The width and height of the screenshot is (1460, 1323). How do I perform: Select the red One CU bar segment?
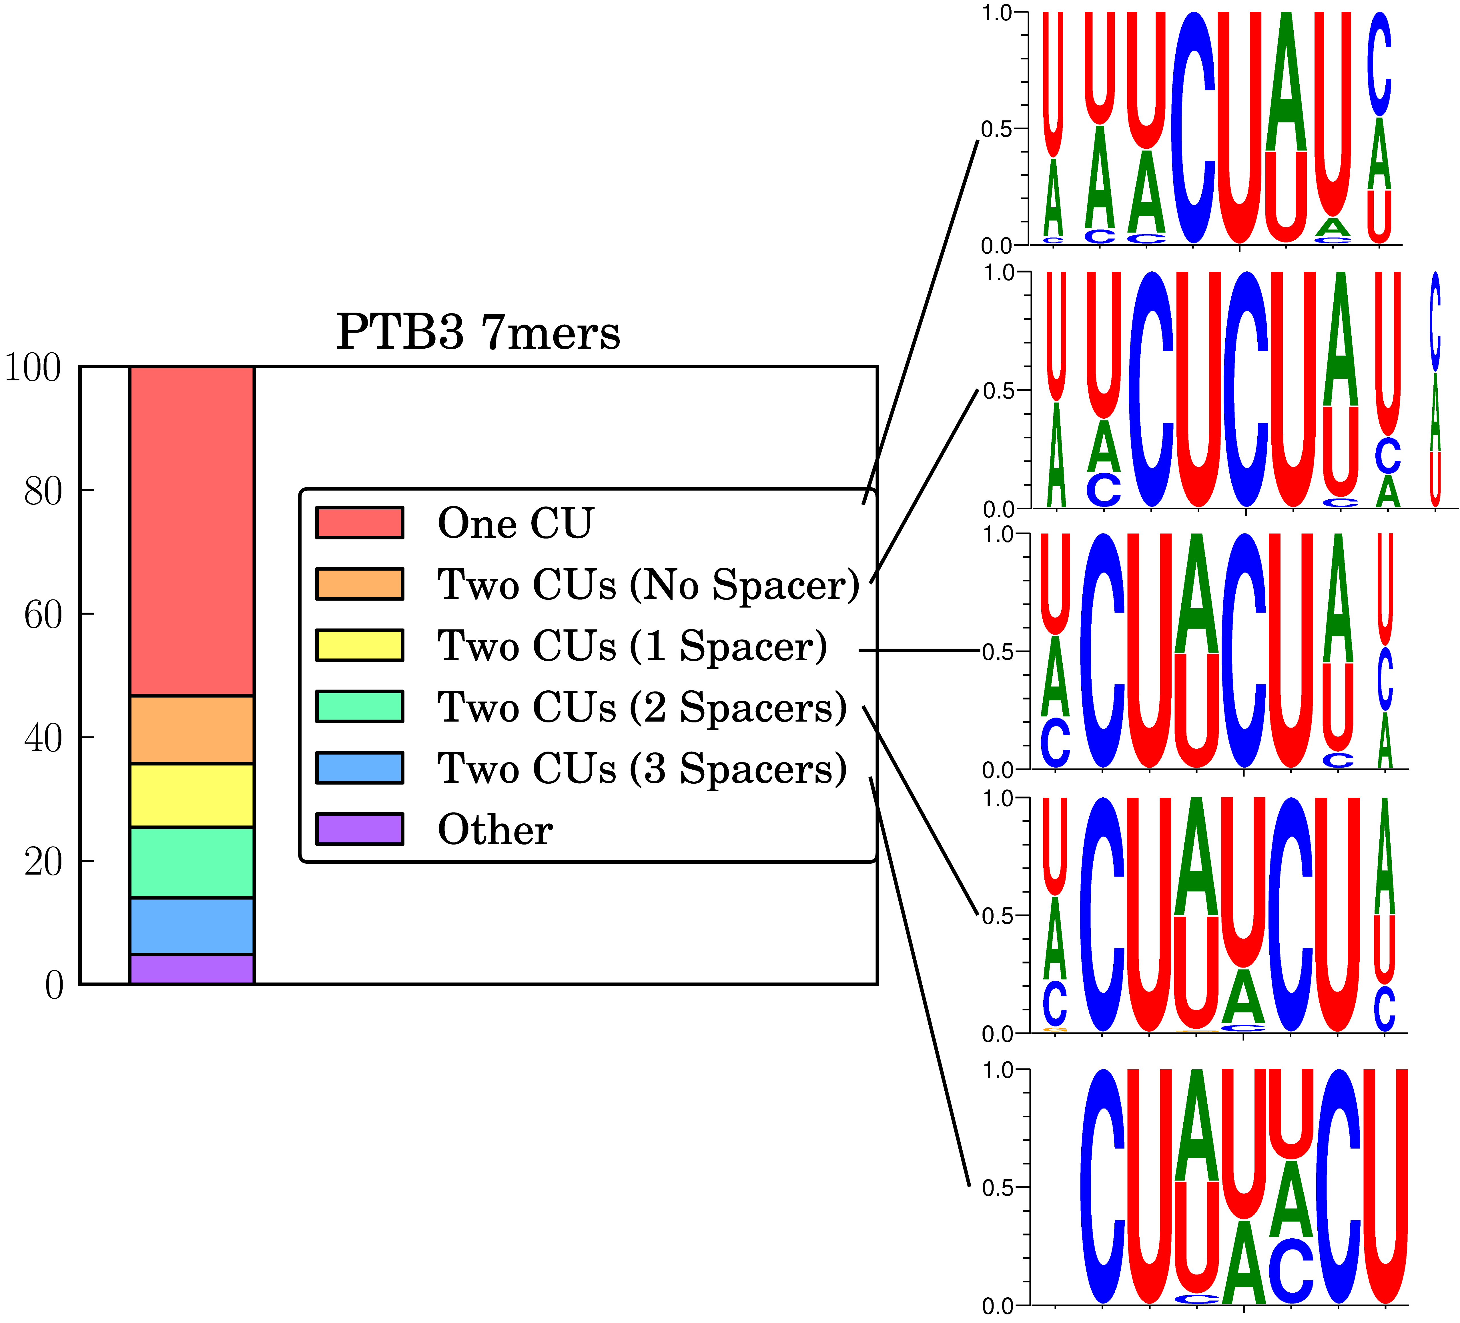coord(192,531)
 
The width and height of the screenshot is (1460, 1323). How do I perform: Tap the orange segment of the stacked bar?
coord(192,730)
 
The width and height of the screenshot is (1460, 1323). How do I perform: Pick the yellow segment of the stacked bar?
coord(192,795)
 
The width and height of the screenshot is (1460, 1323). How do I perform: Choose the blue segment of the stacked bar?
coord(192,926)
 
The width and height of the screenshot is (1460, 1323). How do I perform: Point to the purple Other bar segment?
coord(192,969)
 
